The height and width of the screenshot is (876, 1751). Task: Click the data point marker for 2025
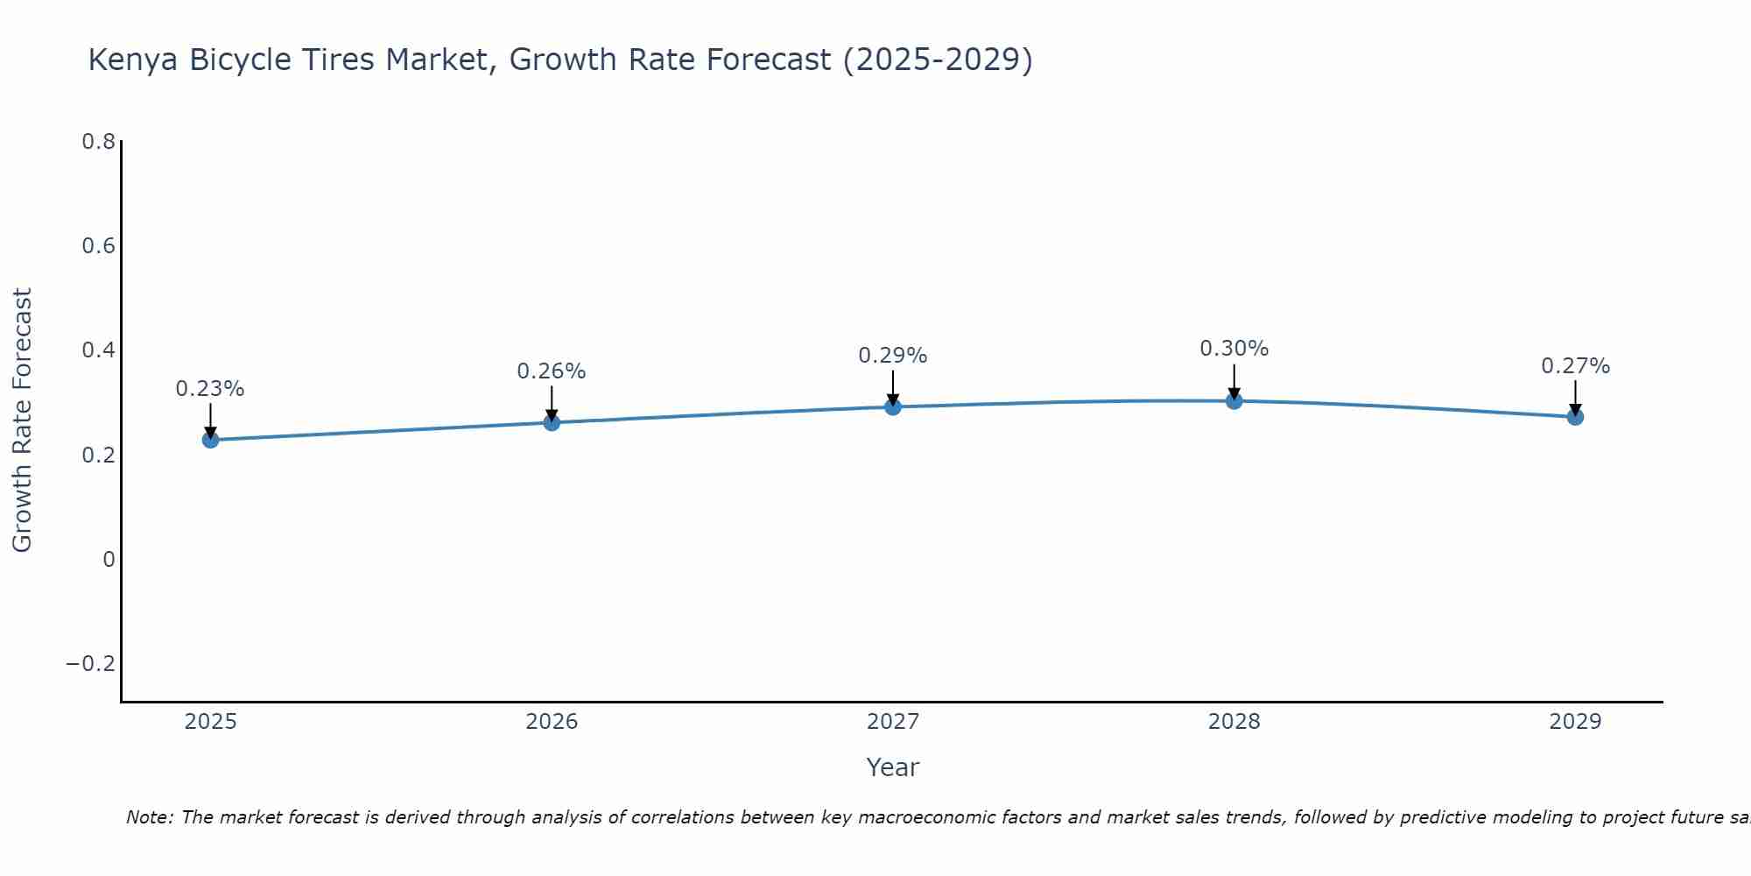point(210,439)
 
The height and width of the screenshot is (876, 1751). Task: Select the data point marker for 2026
point(552,422)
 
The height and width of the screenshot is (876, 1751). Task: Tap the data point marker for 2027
point(893,406)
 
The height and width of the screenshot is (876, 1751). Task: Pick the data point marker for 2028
point(1234,400)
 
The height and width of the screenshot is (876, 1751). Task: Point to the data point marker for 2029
point(1575,417)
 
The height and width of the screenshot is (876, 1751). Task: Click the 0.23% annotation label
point(210,389)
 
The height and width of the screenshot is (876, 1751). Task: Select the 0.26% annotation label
point(552,371)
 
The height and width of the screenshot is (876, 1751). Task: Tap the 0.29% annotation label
point(893,356)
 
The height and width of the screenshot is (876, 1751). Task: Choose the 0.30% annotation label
point(1234,349)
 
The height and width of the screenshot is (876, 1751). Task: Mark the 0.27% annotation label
point(1575,366)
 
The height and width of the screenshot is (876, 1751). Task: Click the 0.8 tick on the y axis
point(99,142)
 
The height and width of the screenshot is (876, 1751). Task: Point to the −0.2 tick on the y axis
point(91,664)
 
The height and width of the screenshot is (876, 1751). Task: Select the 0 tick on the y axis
point(109,560)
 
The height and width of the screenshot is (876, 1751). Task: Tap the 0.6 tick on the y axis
point(99,246)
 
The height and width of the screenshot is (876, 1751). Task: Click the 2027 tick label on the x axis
point(893,722)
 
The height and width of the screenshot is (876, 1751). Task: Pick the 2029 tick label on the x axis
point(1575,722)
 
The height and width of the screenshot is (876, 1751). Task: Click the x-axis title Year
point(893,767)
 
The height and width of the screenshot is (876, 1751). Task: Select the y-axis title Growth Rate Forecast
point(22,420)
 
